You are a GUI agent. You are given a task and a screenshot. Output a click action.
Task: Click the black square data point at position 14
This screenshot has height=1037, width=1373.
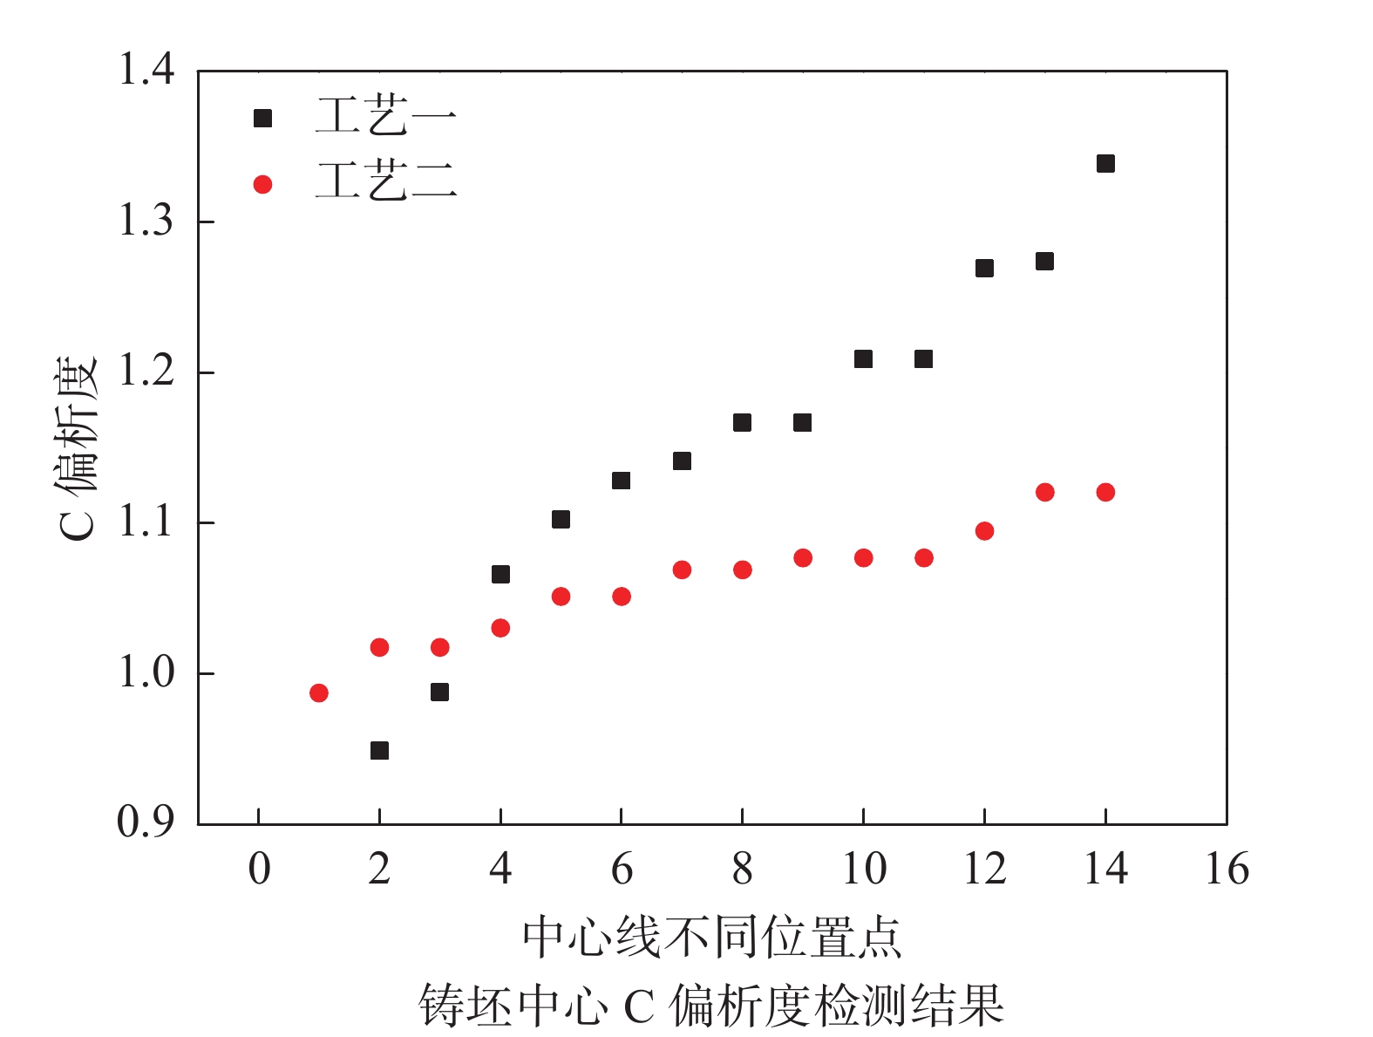(1105, 164)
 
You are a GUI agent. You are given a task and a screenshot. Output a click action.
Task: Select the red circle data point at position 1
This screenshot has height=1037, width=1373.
(319, 693)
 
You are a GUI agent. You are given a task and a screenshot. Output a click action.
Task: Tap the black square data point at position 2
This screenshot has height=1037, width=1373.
(379, 751)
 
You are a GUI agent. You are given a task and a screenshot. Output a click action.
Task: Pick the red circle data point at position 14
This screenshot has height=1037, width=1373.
(1105, 493)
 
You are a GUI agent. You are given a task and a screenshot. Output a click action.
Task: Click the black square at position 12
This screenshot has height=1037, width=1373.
(984, 269)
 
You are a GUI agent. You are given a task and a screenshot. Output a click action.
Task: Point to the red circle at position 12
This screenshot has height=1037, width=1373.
(984, 531)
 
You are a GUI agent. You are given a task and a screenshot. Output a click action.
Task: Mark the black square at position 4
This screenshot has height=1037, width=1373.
(500, 575)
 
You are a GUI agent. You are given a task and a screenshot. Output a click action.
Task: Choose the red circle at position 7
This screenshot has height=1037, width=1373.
(682, 570)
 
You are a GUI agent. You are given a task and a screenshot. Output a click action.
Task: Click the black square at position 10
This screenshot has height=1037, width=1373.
(863, 359)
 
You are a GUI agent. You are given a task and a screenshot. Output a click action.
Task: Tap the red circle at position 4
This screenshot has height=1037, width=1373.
(500, 628)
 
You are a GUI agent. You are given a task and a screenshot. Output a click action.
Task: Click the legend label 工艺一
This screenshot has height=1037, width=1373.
(385, 117)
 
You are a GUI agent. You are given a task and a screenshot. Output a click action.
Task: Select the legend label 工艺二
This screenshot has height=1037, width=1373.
(385, 182)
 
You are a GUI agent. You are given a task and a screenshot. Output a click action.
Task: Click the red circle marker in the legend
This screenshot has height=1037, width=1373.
(262, 185)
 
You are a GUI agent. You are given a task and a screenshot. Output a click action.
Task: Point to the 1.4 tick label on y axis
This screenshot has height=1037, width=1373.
(146, 70)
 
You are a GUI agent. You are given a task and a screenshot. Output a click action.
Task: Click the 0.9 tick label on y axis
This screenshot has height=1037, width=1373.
(146, 822)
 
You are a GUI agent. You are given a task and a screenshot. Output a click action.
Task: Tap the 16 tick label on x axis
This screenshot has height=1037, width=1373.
(1227, 870)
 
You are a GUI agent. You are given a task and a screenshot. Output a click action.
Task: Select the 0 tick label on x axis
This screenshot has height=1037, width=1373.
(259, 870)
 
